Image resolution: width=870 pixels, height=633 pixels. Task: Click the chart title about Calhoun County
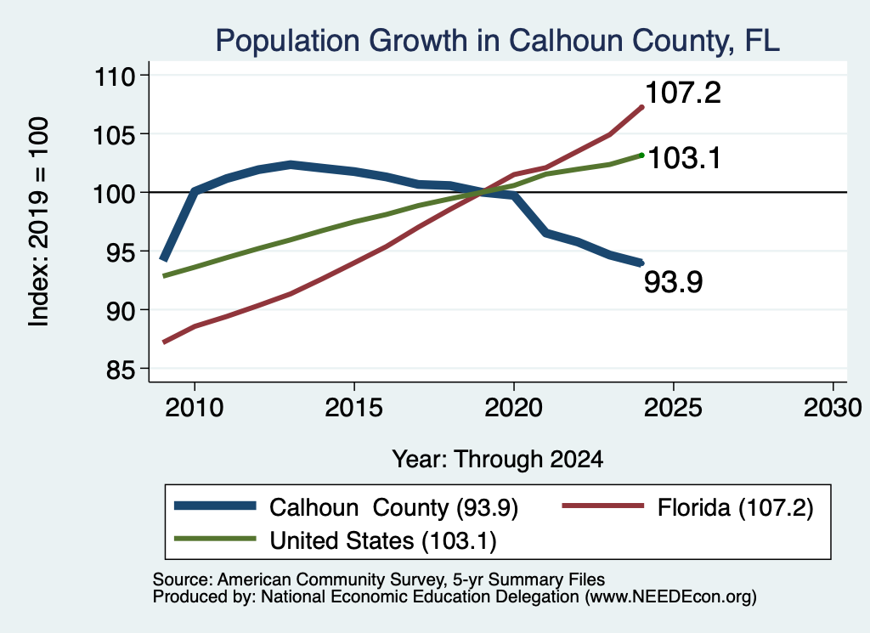coord(498,41)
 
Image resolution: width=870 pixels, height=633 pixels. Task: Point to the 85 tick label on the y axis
coord(121,370)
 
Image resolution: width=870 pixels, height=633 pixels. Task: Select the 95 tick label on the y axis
coord(121,252)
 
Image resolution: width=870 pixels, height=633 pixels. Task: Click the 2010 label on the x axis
coord(195,409)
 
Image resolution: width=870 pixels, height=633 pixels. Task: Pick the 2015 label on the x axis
coord(354,409)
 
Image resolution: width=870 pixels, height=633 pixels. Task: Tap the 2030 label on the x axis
coord(833,409)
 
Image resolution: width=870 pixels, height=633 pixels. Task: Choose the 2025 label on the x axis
coord(674,409)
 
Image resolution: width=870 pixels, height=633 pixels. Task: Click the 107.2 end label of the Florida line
coord(683,93)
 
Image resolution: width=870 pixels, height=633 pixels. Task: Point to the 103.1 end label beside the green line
coord(684,158)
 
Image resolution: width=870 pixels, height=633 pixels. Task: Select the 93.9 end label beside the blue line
coord(673,282)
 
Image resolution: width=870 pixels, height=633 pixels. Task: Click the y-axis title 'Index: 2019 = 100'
coord(39,222)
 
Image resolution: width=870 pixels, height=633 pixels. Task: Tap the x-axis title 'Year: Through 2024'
coord(498,460)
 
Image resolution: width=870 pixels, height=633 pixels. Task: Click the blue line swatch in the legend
coord(215,506)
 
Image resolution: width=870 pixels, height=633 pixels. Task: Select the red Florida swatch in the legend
coord(603,506)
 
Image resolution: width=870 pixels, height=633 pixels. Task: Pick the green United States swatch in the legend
coord(215,539)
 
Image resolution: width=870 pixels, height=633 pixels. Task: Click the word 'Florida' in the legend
coord(693,507)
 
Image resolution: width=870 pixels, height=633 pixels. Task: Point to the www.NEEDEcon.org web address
coord(669,596)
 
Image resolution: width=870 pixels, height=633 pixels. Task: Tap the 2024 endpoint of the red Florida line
coord(642,107)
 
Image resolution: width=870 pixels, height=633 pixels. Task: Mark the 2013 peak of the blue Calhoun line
coord(291,164)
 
